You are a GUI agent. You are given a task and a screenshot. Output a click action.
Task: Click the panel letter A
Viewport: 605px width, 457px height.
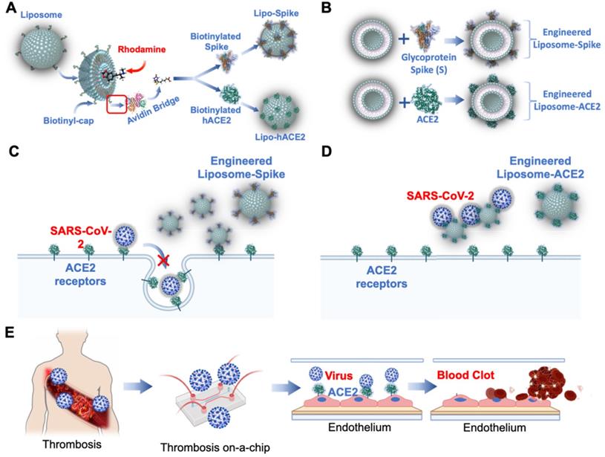10,10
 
